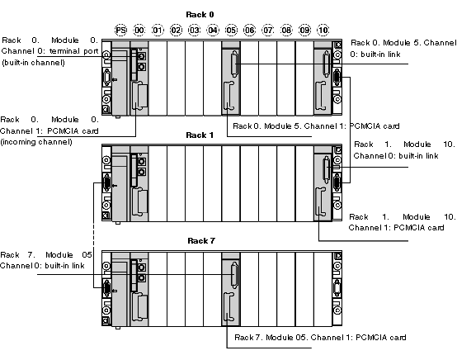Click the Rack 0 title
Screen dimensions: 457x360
[200, 15]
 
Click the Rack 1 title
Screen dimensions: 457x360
[200, 135]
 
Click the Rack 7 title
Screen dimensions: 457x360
[201, 240]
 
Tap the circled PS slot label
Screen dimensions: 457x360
[121, 30]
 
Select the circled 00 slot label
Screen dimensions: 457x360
[139, 30]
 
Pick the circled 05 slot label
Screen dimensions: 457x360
[231, 30]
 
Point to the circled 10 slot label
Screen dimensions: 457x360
[323, 30]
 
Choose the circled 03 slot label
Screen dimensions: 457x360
[195, 30]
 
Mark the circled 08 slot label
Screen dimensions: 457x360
[286, 30]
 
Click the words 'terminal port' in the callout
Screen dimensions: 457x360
[74, 51]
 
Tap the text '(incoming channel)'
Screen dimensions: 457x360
[36, 142]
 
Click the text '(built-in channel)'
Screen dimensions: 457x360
[33, 63]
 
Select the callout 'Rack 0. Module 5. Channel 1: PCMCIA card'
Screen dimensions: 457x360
[316, 126]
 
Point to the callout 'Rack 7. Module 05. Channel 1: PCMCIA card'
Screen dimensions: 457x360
[320, 338]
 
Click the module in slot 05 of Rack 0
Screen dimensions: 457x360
[231, 78]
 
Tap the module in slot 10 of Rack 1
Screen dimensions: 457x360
[323, 183]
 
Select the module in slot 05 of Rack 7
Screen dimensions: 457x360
[231, 289]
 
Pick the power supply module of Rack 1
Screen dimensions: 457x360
[120, 184]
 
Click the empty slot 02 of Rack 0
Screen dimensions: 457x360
[176, 78]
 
